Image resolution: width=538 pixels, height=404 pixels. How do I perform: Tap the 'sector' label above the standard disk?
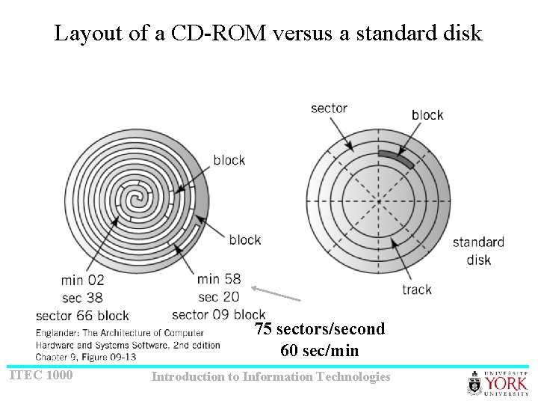tap(329, 108)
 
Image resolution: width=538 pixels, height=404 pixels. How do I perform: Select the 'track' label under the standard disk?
tap(416, 290)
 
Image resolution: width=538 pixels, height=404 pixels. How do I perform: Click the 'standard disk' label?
tap(478, 251)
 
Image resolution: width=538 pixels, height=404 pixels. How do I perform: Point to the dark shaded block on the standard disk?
tap(396, 158)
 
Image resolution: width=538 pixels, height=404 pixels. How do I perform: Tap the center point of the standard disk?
tap(379, 201)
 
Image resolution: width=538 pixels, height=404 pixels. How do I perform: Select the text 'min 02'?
tap(83, 280)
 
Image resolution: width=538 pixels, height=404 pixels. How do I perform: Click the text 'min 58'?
tap(219, 279)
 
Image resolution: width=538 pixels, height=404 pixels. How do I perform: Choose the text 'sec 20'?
tap(219, 296)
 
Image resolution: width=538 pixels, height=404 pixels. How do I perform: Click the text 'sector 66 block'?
tap(82, 315)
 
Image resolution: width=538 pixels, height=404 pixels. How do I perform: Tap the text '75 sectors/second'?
tap(320, 329)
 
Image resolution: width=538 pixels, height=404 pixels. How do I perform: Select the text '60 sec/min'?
tap(320, 350)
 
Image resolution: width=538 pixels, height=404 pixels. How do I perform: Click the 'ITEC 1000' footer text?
tap(41, 374)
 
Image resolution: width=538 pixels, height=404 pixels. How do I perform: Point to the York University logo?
tap(498, 383)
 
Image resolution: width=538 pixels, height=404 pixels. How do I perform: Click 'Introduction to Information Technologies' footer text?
tap(270, 376)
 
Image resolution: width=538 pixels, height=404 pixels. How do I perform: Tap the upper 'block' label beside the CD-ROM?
tap(229, 160)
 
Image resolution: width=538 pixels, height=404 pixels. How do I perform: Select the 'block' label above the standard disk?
tap(427, 114)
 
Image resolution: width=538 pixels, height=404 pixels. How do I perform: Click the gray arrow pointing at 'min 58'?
tap(276, 293)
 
